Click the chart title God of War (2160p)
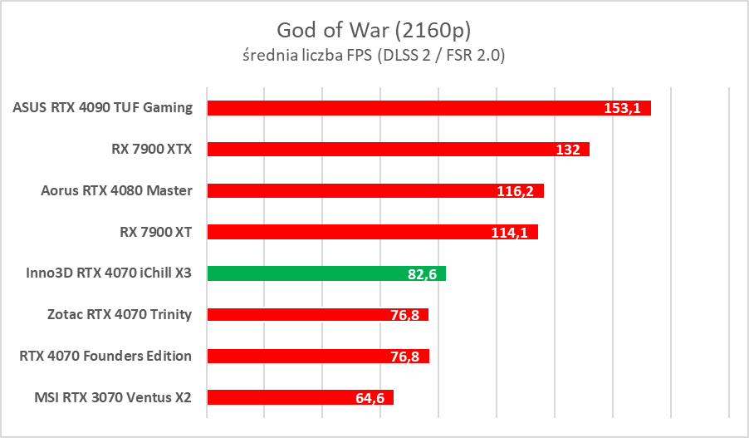[x=374, y=29]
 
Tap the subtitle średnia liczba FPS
[x=374, y=56]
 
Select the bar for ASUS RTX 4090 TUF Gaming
[x=399, y=108]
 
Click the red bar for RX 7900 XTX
[x=374, y=150]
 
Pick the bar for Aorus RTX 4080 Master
[x=349, y=190]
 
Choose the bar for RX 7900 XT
[x=349, y=232]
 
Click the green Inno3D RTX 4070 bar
[x=307, y=273]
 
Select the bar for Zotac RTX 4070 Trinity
[x=299, y=314]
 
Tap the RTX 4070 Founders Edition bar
[x=299, y=356]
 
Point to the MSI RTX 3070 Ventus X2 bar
[x=282, y=397]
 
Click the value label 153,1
[x=622, y=108]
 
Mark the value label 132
[x=568, y=150]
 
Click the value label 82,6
[x=423, y=273]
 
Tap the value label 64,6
[x=370, y=398]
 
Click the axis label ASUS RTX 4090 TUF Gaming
[x=103, y=107]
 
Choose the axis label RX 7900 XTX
[x=151, y=149]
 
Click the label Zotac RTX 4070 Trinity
[x=120, y=314]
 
